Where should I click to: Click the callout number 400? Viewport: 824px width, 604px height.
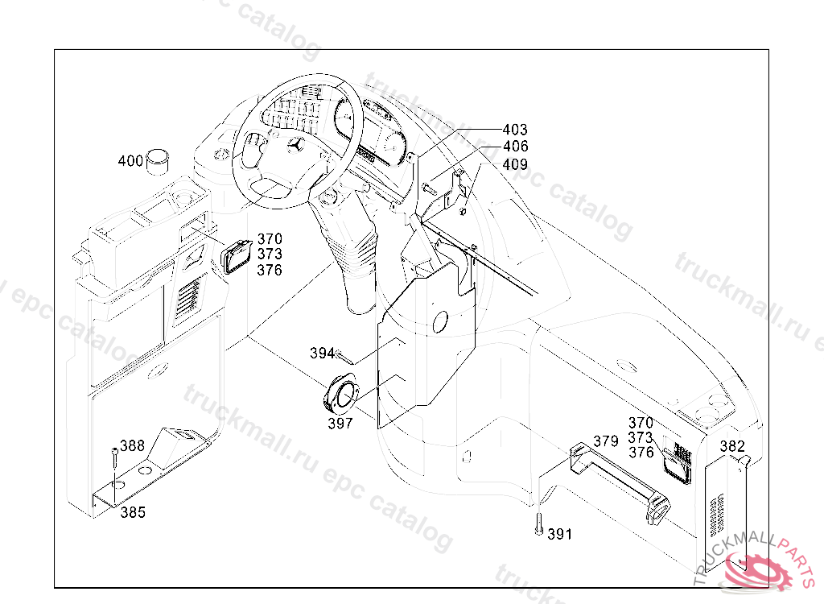(x=130, y=160)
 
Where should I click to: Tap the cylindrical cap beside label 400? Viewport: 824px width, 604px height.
(x=158, y=162)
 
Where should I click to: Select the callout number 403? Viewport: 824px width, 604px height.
(x=515, y=130)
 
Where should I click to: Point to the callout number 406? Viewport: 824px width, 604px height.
(x=516, y=147)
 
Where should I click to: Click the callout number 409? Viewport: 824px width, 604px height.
(x=515, y=164)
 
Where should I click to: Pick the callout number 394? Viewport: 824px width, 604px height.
(x=322, y=353)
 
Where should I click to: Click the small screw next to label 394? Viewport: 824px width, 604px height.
(x=344, y=358)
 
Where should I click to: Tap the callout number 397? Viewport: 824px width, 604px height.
(x=340, y=423)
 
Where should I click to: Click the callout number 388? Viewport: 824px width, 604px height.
(x=133, y=445)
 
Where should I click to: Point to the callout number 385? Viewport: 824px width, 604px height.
(x=133, y=512)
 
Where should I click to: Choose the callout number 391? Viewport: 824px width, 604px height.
(x=560, y=534)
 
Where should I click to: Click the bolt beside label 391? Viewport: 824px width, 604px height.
(x=538, y=524)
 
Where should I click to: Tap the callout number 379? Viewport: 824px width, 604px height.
(x=606, y=441)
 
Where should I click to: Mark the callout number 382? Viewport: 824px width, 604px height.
(x=732, y=446)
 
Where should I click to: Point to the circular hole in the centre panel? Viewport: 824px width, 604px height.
(x=440, y=321)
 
